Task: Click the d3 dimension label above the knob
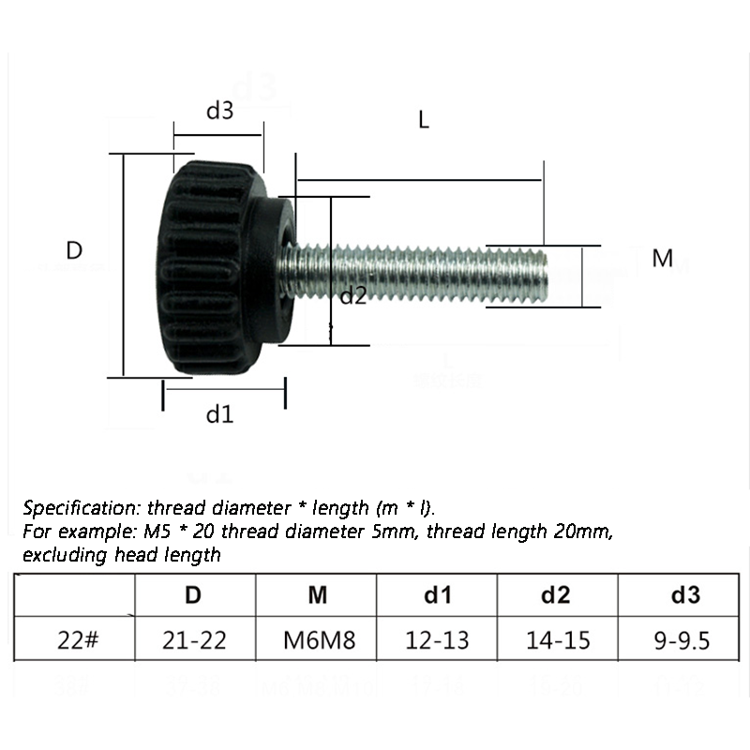(x=219, y=111)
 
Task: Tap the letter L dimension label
(x=424, y=120)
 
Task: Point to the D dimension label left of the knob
(x=75, y=250)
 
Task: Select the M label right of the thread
(x=663, y=259)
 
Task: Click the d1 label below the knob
(x=219, y=414)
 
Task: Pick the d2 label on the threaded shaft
(x=352, y=296)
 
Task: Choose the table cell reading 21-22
(x=194, y=641)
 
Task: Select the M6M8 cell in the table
(x=317, y=641)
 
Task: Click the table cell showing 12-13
(x=437, y=641)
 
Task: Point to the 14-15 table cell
(x=558, y=641)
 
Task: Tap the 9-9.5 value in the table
(x=681, y=641)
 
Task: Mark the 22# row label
(x=78, y=641)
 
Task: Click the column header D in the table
(x=193, y=594)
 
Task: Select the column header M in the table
(x=317, y=594)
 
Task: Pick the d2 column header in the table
(x=559, y=594)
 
